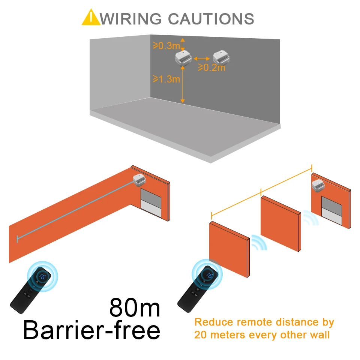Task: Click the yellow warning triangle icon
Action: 91,18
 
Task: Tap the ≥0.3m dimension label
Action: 166,46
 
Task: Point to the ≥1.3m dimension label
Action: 166,79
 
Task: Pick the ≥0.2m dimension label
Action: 211,67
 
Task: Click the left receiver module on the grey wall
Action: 183,58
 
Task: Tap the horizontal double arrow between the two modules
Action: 202,58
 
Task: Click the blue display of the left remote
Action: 42,277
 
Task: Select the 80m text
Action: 135,307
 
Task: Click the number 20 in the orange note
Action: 202,334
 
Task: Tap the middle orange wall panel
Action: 280,223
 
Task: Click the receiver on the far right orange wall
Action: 319,184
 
